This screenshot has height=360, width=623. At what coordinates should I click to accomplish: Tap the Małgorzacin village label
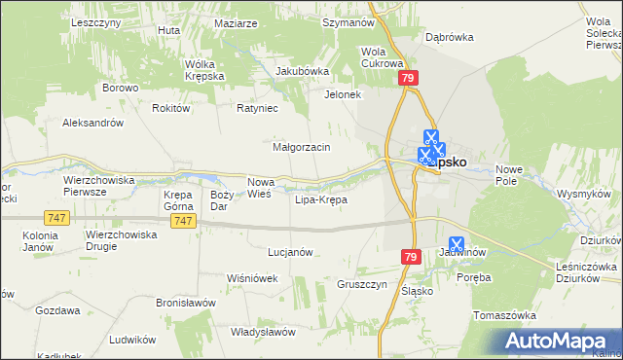[302, 147]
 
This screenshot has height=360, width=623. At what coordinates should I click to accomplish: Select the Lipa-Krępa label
[320, 199]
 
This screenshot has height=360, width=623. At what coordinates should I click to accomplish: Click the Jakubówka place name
[303, 71]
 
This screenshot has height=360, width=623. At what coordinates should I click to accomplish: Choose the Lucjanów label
[289, 252]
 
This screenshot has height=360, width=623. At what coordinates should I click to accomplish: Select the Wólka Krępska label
[205, 70]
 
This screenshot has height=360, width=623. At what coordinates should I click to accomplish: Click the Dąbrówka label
[449, 37]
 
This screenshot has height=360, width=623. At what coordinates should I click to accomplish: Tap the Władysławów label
[263, 332]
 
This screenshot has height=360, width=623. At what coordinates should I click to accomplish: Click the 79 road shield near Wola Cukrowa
[410, 78]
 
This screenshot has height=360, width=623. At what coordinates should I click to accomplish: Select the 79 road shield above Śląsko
[409, 255]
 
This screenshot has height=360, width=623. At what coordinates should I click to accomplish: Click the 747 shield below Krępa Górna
[182, 222]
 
